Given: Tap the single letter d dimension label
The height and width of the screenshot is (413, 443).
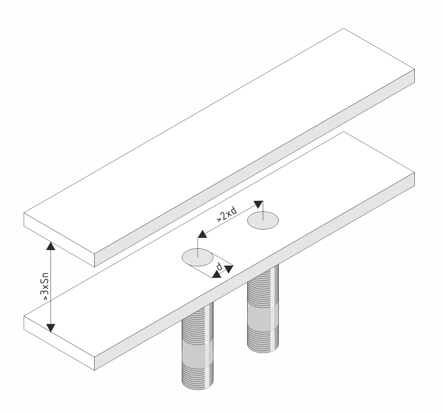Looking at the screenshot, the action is [219, 266].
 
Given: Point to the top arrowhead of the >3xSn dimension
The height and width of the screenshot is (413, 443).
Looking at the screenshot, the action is [51, 246].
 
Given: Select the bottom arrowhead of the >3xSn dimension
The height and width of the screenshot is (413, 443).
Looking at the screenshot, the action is [51, 328].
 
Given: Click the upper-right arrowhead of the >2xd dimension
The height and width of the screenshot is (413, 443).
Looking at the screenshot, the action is [259, 204].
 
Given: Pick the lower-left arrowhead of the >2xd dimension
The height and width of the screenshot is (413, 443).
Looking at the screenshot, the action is [202, 234].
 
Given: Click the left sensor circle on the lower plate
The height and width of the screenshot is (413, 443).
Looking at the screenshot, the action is [197, 257].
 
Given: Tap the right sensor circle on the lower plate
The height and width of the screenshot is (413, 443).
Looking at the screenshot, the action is [263, 220].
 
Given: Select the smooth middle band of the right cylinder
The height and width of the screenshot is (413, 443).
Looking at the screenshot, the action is [263, 318].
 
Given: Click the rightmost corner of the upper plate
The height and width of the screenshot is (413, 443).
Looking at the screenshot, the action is [414, 69].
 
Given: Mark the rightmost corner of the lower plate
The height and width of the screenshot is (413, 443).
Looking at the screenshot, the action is [414, 172].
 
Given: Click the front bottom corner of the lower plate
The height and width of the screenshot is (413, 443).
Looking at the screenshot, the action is [94, 370].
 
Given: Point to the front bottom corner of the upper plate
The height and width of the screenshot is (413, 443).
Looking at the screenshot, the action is [94, 267].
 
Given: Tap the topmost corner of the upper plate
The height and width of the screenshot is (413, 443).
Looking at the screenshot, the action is [344, 28].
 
